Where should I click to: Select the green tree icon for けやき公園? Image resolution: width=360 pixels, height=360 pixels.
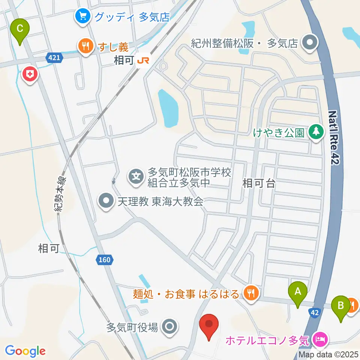[316, 132]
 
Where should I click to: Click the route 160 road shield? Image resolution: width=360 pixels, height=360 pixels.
[105, 259]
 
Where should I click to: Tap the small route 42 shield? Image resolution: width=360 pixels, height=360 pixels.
[315, 312]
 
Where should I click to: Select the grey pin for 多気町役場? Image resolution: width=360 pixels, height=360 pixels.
[170, 327]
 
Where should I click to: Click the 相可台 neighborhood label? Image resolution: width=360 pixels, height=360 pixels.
[259, 183]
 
